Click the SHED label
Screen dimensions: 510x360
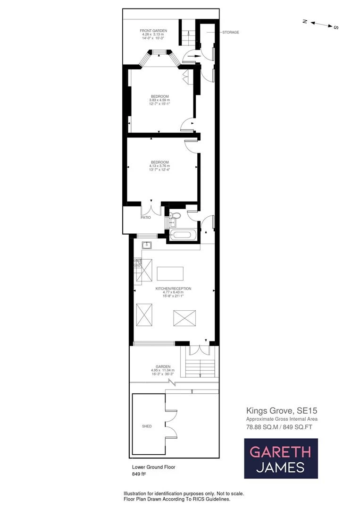(x=147, y=426)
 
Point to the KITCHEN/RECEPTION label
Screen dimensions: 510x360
(x=173, y=288)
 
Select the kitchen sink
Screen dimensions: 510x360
(x=147, y=245)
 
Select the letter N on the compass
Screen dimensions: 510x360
(x=305, y=21)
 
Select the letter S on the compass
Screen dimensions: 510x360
(x=336, y=27)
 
